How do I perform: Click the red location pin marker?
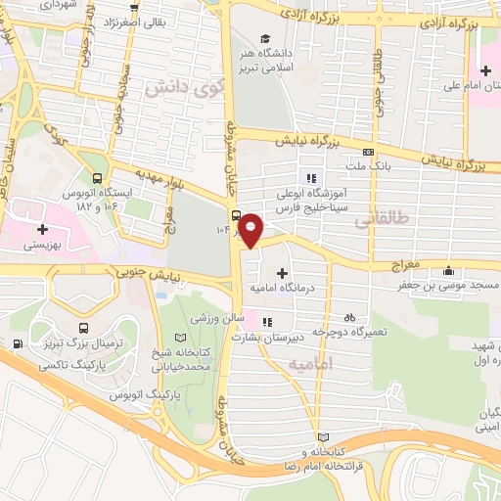pyautogui.click(x=251, y=228)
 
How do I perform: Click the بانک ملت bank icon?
pyautogui.click(x=368, y=153)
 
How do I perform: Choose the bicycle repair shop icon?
pyautogui.click(x=349, y=318)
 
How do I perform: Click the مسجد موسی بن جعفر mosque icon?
pyautogui.click(x=449, y=271)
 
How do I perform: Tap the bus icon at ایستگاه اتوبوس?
pyautogui.click(x=97, y=178)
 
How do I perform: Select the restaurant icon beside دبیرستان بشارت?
pyautogui.click(x=268, y=320)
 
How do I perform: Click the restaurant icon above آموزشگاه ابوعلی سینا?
pyautogui.click(x=311, y=178)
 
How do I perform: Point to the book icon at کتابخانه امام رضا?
pyautogui.click(x=324, y=436)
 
